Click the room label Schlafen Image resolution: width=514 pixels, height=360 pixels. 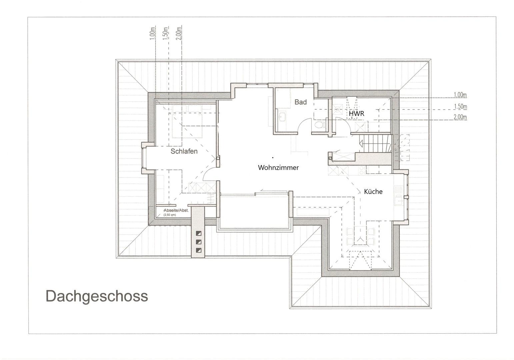click(x=184, y=151)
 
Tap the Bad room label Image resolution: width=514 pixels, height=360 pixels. click(x=300, y=102)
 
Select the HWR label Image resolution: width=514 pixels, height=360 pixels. click(x=356, y=114)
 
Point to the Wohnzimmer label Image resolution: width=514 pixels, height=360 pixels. click(x=278, y=168)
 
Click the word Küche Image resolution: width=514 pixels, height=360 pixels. click(x=373, y=192)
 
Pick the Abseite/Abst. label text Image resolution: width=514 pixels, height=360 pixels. click(x=176, y=210)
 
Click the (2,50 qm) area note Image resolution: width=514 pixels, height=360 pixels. click(x=169, y=215)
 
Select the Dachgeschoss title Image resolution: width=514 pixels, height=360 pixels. click(x=97, y=296)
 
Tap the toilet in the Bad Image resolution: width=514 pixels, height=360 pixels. click(x=319, y=125)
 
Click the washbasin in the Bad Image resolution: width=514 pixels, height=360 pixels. click(x=282, y=117)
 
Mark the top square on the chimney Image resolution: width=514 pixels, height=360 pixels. click(x=199, y=234)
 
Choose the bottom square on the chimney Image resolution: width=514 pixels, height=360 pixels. click(x=199, y=250)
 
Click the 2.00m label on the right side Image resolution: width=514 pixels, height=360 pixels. click(x=460, y=117)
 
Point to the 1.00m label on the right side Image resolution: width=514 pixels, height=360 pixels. click(x=460, y=95)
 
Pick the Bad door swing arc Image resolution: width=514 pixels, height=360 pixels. click(x=304, y=126)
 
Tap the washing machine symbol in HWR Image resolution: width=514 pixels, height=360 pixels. click(x=338, y=109)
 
